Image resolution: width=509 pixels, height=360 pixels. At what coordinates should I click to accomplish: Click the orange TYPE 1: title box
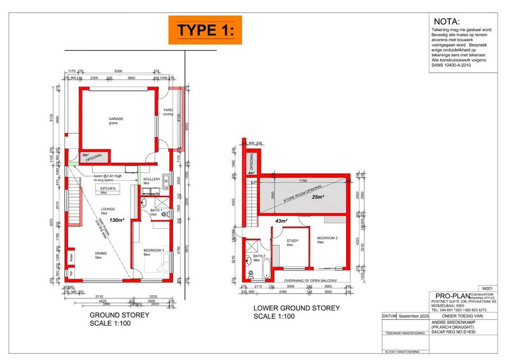pyautogui.click(x=206, y=30)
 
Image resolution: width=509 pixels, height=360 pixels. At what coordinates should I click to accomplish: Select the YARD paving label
pyautogui.click(x=169, y=113)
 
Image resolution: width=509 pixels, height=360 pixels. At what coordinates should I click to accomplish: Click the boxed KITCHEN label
pyautogui.click(x=108, y=189)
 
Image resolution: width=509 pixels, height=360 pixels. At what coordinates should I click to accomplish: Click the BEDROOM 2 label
pyautogui.click(x=326, y=239)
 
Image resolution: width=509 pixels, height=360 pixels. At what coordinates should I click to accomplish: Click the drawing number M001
pyautogui.click(x=488, y=288)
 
